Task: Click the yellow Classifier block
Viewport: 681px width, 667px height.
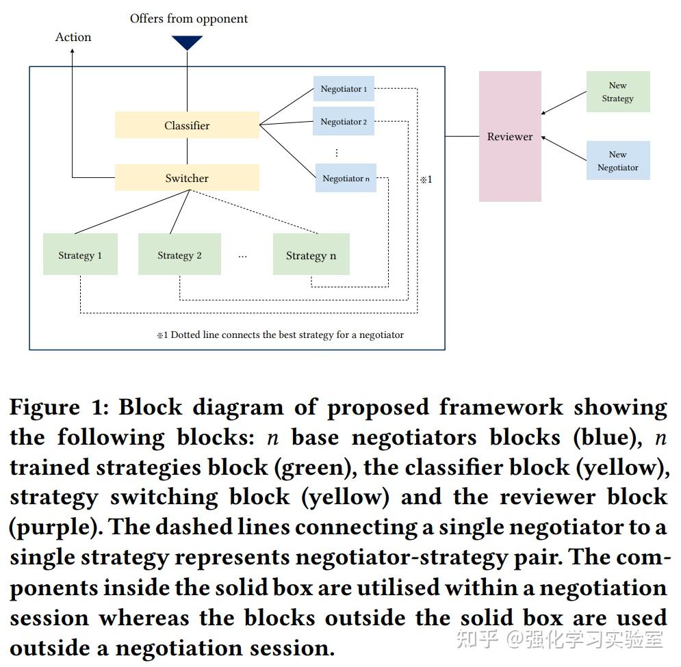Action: click(x=187, y=125)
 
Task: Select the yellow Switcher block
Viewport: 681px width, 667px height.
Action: click(x=187, y=178)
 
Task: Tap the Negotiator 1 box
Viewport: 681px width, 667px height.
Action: click(x=344, y=89)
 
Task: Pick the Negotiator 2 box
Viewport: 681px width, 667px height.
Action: click(x=344, y=122)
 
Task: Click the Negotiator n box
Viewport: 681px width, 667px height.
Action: click(x=346, y=179)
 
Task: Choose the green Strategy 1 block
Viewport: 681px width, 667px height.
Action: click(x=80, y=254)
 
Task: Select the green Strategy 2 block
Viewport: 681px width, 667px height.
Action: click(x=179, y=254)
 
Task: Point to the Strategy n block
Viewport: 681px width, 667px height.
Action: click(x=311, y=254)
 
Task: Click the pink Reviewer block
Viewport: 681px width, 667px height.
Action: click(x=510, y=137)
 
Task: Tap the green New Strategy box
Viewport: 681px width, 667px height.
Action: click(x=617, y=92)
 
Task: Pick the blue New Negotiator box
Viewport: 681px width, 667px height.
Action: click(x=617, y=161)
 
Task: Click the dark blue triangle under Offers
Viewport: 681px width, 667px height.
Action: click(x=187, y=43)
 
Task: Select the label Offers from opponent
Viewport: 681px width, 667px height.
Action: click(x=189, y=18)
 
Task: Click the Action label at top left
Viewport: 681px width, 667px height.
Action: click(x=73, y=37)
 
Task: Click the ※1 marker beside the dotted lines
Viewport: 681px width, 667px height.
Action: click(x=426, y=180)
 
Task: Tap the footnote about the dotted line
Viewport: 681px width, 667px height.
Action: click(x=280, y=335)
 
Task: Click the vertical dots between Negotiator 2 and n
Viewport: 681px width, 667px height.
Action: click(x=336, y=153)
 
